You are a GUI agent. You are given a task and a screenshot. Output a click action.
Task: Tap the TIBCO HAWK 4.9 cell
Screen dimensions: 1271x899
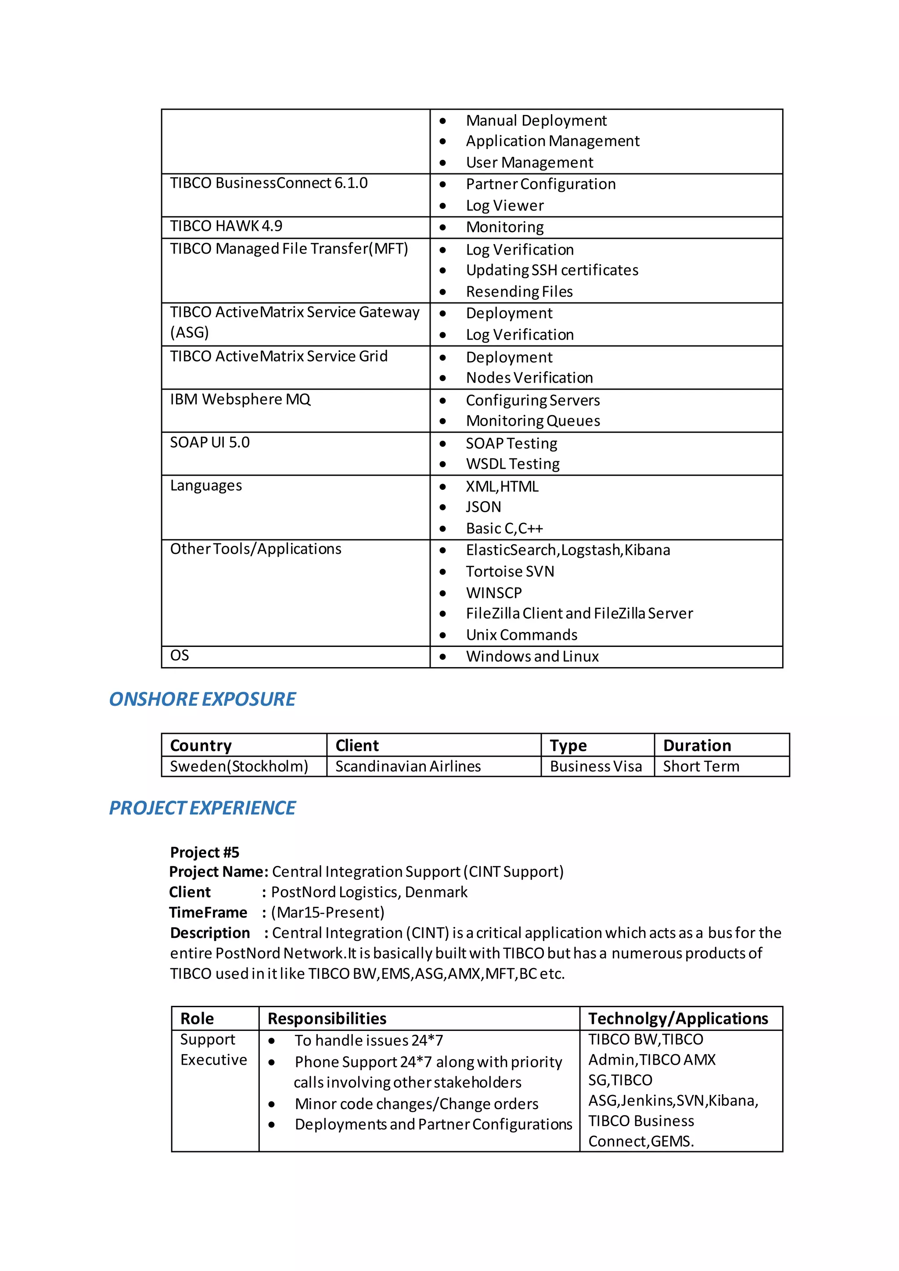coord(226,226)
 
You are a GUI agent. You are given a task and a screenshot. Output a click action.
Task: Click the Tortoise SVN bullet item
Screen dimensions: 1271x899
coord(509,571)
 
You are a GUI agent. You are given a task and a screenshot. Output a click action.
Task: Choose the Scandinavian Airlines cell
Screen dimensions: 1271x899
coord(408,766)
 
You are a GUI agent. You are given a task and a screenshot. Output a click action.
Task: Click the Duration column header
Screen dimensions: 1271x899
coord(697,746)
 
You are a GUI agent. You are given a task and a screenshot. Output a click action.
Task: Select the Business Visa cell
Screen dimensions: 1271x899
coord(596,766)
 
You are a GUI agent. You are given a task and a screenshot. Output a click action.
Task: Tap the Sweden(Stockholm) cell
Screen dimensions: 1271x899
coord(239,766)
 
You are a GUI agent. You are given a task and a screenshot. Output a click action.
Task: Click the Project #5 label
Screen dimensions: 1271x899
coord(204,852)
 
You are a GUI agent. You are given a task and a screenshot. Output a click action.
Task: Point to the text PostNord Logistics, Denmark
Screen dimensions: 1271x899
coord(369,892)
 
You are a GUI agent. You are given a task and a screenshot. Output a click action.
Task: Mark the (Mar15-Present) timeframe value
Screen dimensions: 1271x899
coord(328,912)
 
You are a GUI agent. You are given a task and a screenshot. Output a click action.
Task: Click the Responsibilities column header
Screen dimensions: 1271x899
coord(327,1019)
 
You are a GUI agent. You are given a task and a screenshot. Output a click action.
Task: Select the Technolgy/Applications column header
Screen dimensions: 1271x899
coord(678,1019)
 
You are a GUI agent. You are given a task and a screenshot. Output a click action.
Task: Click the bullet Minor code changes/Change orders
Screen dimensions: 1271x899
coord(416,1104)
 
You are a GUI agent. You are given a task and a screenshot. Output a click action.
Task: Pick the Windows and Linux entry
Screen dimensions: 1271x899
coord(532,657)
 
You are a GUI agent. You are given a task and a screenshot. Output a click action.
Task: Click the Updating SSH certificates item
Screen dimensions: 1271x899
coord(552,270)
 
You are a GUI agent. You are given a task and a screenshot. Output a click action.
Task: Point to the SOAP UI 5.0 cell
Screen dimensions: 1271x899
coord(209,442)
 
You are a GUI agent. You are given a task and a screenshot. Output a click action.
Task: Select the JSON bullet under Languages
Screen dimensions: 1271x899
coord(483,507)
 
